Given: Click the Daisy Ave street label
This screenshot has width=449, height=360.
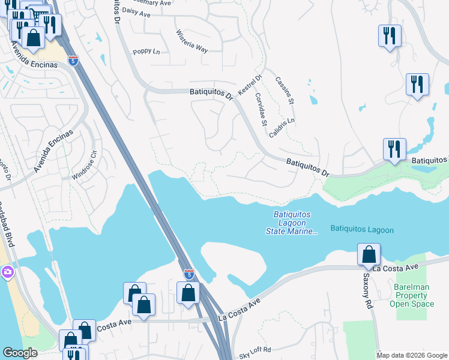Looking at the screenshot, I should (136, 11).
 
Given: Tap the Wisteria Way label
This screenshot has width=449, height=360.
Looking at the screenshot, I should (192, 41).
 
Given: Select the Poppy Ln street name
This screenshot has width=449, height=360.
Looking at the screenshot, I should (146, 52).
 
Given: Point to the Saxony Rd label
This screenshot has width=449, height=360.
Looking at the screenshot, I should (367, 291).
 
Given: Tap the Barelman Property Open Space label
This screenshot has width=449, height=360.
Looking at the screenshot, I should (411, 295).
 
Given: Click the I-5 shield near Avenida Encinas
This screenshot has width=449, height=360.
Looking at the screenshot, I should (73, 61).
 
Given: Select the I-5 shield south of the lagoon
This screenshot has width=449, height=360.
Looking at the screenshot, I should (188, 274).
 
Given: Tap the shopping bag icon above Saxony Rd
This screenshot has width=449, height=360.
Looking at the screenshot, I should (368, 254).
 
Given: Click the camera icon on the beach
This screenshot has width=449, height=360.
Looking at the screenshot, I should (7, 272).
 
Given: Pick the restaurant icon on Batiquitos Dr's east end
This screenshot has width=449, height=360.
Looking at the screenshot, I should (394, 149).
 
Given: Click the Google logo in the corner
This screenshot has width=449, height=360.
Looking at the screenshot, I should (20, 353).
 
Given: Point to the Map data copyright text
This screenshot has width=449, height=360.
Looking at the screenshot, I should (411, 355).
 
